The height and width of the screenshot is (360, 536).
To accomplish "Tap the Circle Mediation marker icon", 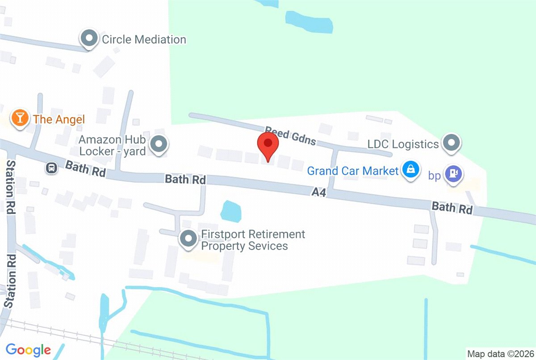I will pyautogui.click(x=89, y=39).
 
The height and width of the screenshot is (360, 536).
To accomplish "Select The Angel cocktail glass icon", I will pyautogui.click(x=20, y=119).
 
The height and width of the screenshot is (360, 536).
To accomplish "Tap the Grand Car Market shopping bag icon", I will pyautogui.click(x=410, y=170).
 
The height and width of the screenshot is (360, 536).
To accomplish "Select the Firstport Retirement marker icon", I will pyautogui.click(x=188, y=239).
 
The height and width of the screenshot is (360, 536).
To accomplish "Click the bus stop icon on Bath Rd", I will pyautogui.click(x=52, y=168).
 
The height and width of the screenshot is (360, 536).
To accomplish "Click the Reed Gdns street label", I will pyautogui.click(x=290, y=135).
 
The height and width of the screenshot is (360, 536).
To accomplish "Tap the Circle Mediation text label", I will pyautogui.click(x=144, y=39).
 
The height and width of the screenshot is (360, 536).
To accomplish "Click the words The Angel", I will pyautogui.click(x=59, y=119).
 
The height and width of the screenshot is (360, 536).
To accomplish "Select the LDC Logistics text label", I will pyautogui.click(x=403, y=144).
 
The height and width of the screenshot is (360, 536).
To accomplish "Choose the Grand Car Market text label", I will pyautogui.click(x=353, y=171).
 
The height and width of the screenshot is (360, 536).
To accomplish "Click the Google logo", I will pyautogui.click(x=28, y=349).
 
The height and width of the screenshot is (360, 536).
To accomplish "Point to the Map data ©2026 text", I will pyautogui.click(x=500, y=354).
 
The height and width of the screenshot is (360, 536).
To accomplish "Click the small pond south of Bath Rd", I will pyautogui.click(x=230, y=211).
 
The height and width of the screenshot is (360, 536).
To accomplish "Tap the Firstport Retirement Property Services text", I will pyautogui.click(x=253, y=240).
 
